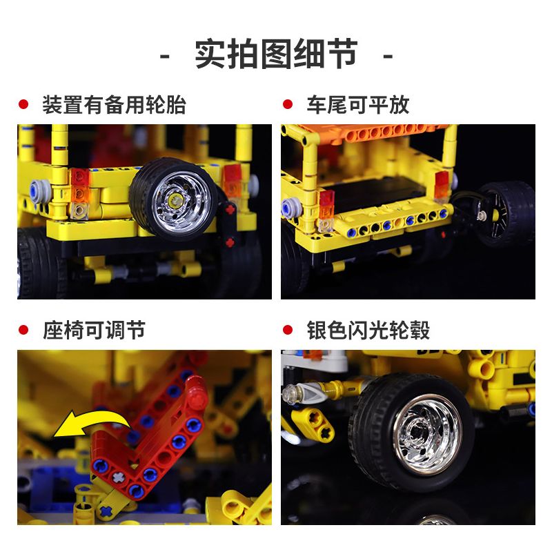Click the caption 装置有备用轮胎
click(x=114, y=106)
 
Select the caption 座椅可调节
click(x=94, y=330)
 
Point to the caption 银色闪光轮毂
click(x=368, y=330)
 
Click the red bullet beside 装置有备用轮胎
click(x=23, y=105)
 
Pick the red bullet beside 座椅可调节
click(x=23, y=330)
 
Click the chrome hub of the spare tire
click(x=172, y=199)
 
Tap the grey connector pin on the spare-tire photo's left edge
click(x=34, y=187)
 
